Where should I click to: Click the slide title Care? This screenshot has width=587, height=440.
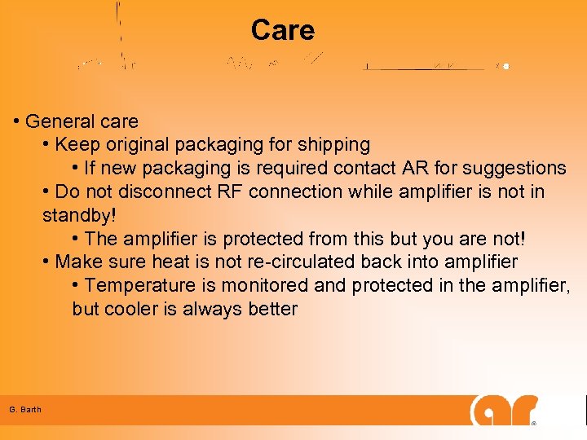coord(282,30)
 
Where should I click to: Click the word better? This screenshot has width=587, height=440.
coord(274,310)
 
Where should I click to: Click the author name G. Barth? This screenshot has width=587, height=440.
coord(25,409)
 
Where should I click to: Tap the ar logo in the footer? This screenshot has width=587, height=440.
coord(503,410)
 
